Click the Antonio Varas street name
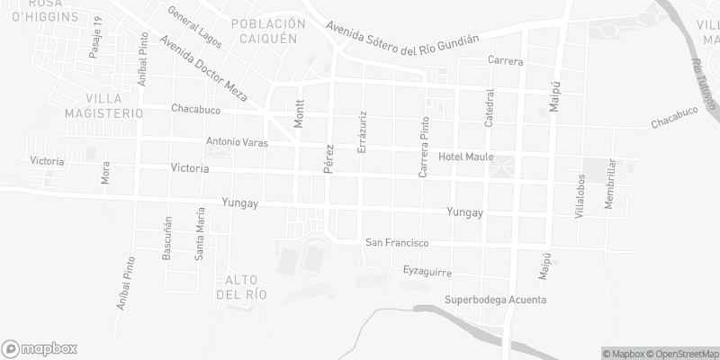tap(238, 142)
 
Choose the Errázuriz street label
tap(362, 131)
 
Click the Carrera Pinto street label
tap(421, 146)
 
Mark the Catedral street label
tap(490, 107)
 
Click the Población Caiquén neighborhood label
tap(262, 32)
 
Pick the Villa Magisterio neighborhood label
tap(103, 105)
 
